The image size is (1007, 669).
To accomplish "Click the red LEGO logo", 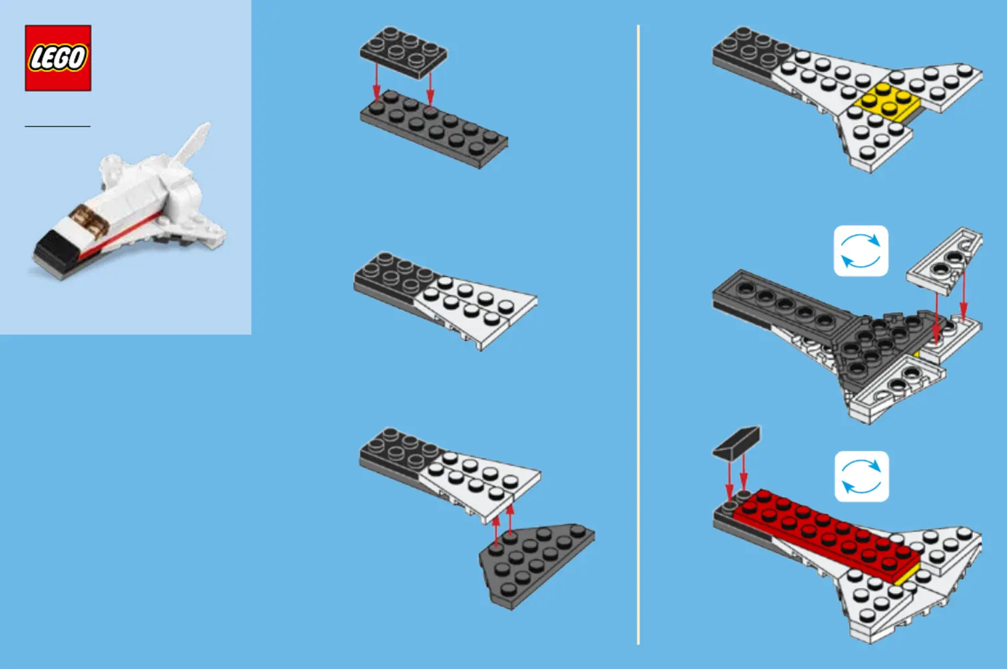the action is (x=58, y=58).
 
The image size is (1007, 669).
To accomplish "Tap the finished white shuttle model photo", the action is (x=129, y=201).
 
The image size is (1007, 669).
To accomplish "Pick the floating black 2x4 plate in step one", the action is (x=403, y=52).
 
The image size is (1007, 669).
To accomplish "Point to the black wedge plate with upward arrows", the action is (x=536, y=565).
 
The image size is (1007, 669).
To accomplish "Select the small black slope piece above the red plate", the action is (x=737, y=443).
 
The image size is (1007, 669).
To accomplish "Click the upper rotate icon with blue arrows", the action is (x=861, y=251).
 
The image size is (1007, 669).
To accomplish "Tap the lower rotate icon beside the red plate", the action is (x=861, y=476).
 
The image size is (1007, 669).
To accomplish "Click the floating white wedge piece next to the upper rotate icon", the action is (x=944, y=260).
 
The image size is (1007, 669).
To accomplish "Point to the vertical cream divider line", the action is (x=638, y=335).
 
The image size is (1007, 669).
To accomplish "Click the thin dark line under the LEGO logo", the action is (x=57, y=126).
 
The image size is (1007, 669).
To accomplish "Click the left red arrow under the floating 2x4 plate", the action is (x=377, y=85).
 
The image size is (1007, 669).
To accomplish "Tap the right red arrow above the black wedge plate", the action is (x=509, y=521).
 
